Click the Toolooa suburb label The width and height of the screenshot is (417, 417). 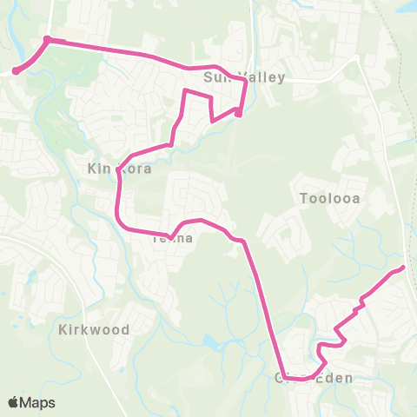(x=329, y=198)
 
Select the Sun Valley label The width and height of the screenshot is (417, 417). (x=243, y=78)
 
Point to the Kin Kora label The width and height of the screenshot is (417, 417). (x=119, y=169)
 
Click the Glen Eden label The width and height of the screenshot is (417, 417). (x=314, y=378)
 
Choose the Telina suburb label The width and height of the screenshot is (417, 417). (x=172, y=237)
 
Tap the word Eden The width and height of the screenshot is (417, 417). (x=334, y=378)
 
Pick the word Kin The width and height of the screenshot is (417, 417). (x=97, y=169)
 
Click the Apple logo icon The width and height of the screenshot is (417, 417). (x=14, y=402)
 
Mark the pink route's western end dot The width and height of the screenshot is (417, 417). (x=16, y=71)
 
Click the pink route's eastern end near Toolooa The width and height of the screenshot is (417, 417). (x=403, y=268)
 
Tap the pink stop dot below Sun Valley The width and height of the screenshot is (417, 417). (x=238, y=113)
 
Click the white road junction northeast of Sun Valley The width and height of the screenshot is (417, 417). (x=358, y=60)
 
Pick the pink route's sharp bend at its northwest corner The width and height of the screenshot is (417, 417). (x=47, y=39)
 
